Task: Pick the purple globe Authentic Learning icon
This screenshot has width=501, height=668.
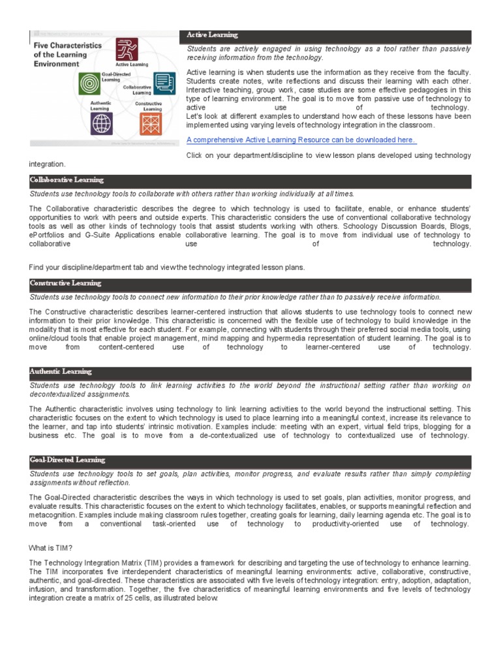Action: (x=101, y=123)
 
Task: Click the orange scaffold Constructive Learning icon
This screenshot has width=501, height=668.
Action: (x=149, y=123)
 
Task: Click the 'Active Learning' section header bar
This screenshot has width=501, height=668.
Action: (x=325, y=35)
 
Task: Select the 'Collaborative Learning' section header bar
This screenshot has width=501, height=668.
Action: (x=250, y=180)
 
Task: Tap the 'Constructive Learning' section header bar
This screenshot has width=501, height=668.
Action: (x=250, y=284)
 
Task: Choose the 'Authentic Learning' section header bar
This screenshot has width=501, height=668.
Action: (x=250, y=372)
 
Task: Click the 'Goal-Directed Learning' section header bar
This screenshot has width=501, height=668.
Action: (x=250, y=461)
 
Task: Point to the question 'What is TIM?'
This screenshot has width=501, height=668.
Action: (x=52, y=548)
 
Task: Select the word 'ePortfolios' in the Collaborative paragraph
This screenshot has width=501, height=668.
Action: (x=48, y=235)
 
